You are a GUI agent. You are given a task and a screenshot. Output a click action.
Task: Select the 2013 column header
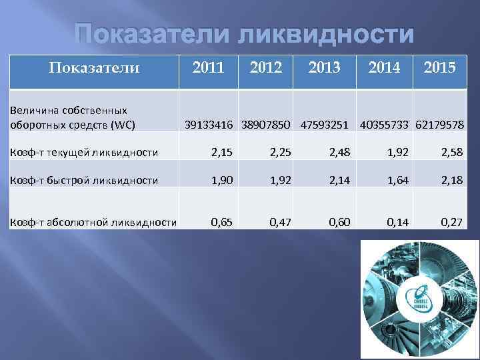click(324, 67)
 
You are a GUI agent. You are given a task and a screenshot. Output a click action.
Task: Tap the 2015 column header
click(439, 67)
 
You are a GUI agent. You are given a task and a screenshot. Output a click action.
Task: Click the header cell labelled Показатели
click(95, 67)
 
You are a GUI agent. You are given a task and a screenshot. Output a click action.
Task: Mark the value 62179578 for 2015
click(440, 125)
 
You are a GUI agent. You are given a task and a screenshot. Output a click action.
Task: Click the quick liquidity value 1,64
click(397, 180)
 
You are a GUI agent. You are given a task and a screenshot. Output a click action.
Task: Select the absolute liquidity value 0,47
click(281, 221)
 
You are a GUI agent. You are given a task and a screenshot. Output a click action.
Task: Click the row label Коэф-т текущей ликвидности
click(83, 153)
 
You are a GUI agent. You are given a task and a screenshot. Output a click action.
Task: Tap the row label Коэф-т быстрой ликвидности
click(83, 180)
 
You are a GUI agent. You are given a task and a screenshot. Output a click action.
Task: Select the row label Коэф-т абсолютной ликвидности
click(93, 222)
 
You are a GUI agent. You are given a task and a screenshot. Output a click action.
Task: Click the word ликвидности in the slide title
click(326, 35)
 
